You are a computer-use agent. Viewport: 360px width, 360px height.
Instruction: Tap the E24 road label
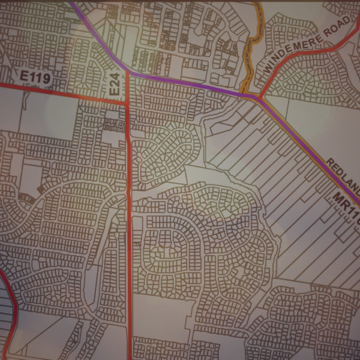(116, 82)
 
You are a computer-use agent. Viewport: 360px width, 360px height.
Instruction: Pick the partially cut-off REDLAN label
(342, 173)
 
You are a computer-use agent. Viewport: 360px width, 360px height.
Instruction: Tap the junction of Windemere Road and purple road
(258, 97)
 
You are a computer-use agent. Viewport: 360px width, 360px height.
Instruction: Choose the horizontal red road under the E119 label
(60, 93)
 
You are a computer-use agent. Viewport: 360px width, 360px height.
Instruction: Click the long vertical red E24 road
(130, 240)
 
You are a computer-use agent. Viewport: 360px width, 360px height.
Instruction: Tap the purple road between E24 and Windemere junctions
(192, 84)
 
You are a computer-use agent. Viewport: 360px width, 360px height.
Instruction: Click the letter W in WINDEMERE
(268, 71)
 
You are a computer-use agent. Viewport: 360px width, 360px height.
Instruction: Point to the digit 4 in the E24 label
(116, 75)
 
